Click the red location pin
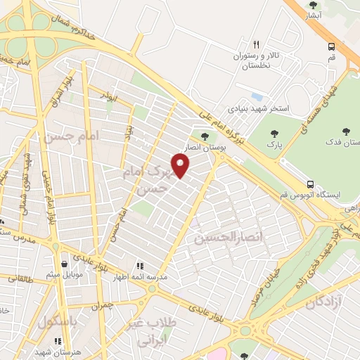pyautogui.click(x=181, y=165)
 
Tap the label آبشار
pyautogui.click(x=314, y=15)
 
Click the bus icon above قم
pyautogui.click(x=331, y=46)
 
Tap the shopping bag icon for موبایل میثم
pyautogui.click(x=64, y=265)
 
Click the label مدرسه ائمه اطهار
pyautogui.click(x=141, y=278)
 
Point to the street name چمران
pyautogui.click(x=101, y=305)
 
